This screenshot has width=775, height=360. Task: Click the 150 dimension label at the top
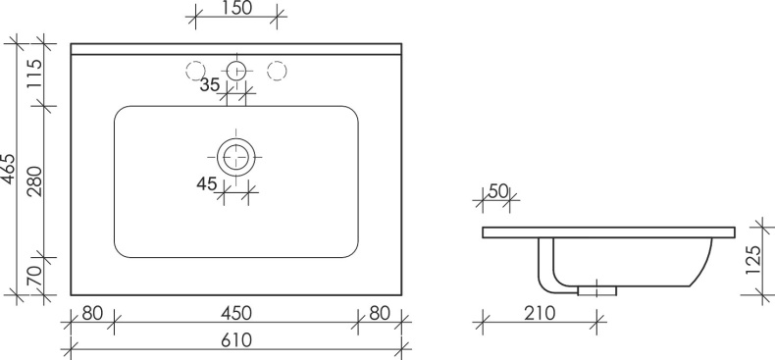click(236, 9)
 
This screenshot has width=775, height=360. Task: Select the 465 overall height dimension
click(9, 169)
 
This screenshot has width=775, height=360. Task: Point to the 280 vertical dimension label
click(31, 182)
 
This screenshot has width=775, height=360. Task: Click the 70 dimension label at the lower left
click(31, 277)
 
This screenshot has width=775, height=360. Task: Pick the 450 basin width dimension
click(236, 314)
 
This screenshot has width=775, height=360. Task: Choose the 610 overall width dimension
click(236, 340)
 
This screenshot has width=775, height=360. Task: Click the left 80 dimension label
click(92, 314)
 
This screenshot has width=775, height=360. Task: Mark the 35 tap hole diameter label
click(209, 85)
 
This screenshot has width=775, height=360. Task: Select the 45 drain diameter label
click(206, 181)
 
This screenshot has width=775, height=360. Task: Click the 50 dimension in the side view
click(497, 191)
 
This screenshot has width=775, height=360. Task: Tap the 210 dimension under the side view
click(540, 314)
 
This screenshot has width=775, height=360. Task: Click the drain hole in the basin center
click(235, 156)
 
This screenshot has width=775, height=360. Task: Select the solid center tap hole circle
click(235, 71)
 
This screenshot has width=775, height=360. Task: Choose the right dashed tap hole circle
click(277, 71)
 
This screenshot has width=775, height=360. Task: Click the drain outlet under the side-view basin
click(597, 289)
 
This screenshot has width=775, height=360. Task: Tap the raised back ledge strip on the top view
click(236, 49)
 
